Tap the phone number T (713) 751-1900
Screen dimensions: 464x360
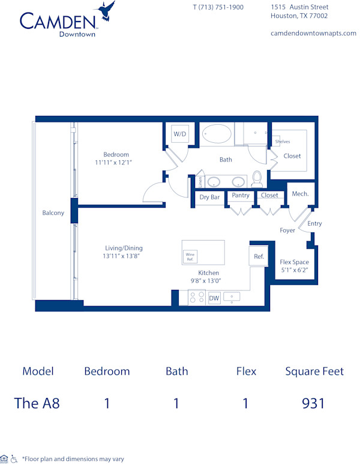coord(218,7)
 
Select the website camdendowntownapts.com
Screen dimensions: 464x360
coord(314,33)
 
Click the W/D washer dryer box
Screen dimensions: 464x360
coord(180,134)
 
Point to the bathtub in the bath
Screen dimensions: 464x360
coord(217,133)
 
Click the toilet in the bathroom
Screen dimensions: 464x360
coord(257,178)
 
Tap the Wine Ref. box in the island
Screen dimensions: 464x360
coord(190,256)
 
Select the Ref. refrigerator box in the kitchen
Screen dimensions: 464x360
coord(259,256)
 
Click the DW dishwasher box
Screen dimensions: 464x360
coord(214,298)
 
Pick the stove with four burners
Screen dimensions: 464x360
coord(197,297)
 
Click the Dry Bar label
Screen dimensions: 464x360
coord(209,197)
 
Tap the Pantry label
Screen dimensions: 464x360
coord(241,195)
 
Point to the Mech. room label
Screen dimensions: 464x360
coord(300,194)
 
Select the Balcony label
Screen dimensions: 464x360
coord(53,213)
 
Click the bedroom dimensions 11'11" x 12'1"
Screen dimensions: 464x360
coord(113,162)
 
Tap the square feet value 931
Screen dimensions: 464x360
coord(314,403)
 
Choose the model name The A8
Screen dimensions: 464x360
coord(37,403)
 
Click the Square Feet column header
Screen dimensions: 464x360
coord(314,371)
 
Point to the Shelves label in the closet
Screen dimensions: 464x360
coord(283,142)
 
